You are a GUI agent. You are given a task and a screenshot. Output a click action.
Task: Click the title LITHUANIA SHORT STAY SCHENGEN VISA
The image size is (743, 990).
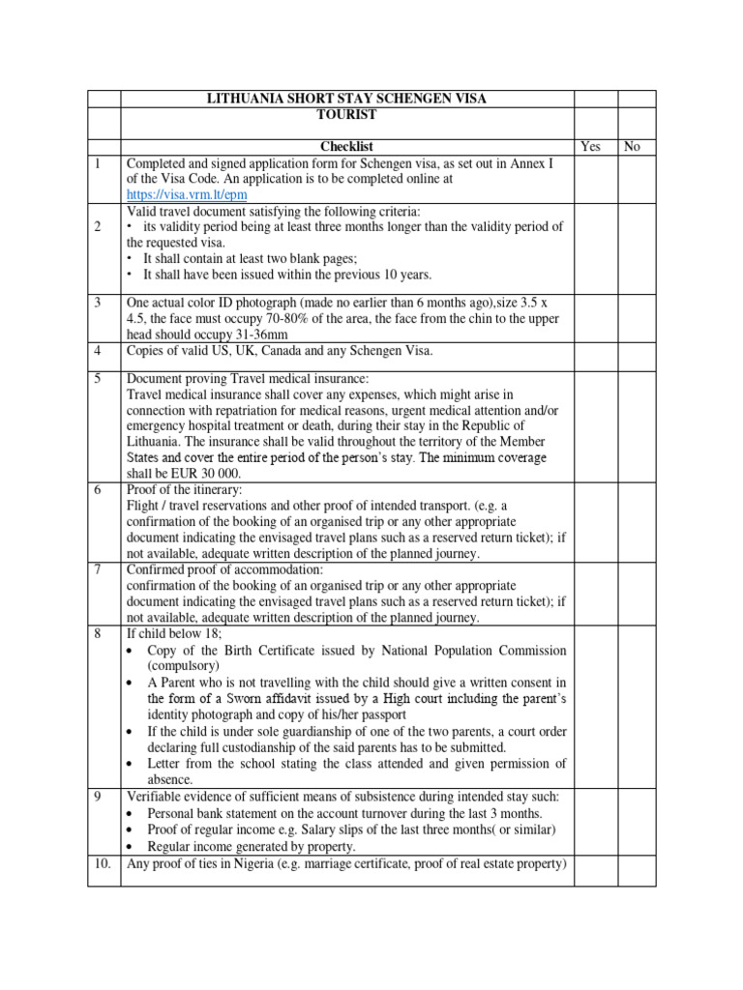coord(347,99)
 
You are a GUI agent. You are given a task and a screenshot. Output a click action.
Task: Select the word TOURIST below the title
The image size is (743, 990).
coord(346,114)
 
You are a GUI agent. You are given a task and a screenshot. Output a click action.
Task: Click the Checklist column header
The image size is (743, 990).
coord(346,147)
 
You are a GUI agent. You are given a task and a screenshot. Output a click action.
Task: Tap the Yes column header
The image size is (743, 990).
coord(590,147)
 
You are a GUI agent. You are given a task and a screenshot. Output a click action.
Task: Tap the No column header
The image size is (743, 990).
coord(633,147)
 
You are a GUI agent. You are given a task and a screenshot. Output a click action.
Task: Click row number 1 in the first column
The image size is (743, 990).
coord(97,163)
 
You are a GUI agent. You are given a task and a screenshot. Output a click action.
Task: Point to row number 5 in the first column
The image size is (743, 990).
coord(97,378)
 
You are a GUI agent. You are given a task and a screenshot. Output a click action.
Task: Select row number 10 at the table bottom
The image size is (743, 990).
coord(101,863)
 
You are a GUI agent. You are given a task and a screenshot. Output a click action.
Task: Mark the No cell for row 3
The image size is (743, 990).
coord(638,317)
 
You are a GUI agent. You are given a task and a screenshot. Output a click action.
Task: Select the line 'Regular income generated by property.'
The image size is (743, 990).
coord(252,847)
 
